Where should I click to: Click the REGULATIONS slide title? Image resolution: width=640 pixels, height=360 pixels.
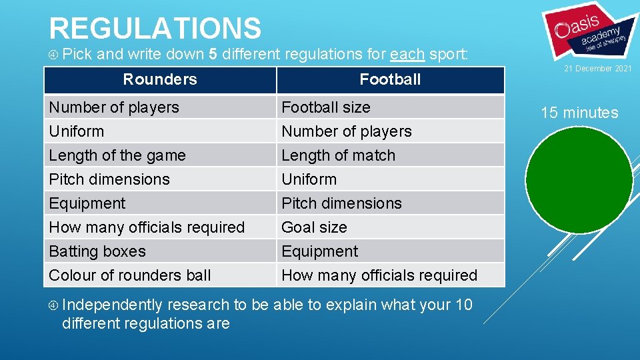[x=155, y=28]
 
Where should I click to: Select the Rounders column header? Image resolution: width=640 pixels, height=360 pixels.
[x=160, y=79]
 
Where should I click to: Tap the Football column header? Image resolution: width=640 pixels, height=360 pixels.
[x=390, y=80]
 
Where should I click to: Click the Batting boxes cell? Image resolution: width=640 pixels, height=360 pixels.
[x=97, y=251]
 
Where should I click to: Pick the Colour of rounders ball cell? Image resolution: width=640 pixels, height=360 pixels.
[x=130, y=275]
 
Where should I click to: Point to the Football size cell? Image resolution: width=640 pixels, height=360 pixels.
[x=326, y=107]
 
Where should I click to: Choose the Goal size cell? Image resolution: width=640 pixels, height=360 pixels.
[x=314, y=227]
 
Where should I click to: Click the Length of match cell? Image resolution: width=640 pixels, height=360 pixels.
[x=338, y=155]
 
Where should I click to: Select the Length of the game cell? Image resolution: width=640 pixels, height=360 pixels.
[x=117, y=155]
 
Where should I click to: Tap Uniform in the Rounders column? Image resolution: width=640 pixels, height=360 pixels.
[x=77, y=131]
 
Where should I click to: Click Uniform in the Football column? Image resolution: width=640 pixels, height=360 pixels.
[x=309, y=179]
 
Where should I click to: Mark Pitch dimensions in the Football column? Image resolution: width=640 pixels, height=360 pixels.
[x=341, y=203]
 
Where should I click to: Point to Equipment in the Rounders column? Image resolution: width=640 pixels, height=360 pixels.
[x=87, y=203]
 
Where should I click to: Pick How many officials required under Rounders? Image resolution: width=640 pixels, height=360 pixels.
[x=147, y=227]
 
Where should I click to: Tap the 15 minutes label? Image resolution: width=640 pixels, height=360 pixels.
[x=579, y=113]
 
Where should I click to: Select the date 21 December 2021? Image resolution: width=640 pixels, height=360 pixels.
[x=597, y=69]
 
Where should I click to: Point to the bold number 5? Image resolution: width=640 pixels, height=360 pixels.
[x=213, y=54]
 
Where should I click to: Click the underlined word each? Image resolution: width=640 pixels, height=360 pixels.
[x=407, y=54]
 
